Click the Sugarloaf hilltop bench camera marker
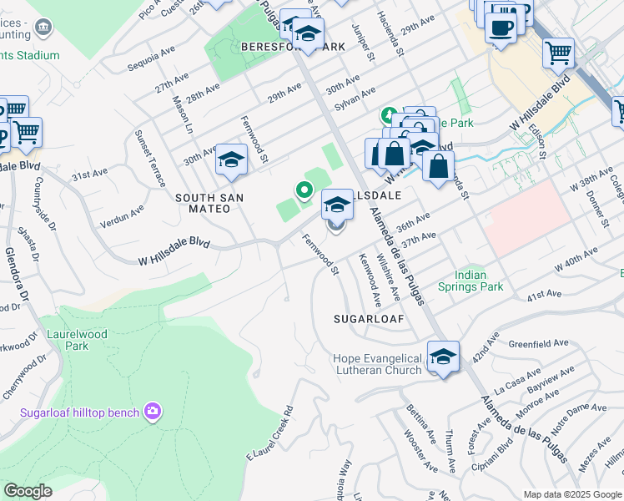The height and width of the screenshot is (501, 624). pos(152,411)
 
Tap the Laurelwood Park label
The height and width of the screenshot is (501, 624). pos(67,340)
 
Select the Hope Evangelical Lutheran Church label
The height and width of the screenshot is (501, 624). pos(378,364)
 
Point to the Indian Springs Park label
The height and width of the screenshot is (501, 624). pos(479,280)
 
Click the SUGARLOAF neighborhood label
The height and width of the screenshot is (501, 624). pos(368,319)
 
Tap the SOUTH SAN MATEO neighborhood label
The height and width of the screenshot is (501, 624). pos(203,203)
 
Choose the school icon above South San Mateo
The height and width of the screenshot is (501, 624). pos(230,160)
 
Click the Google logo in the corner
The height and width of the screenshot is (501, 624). pos(28,491)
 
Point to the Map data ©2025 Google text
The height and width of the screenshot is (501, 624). pos(572,494)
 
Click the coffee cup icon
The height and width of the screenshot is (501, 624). pos(501,27)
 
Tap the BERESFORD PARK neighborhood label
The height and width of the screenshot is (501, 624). pos(292,47)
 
